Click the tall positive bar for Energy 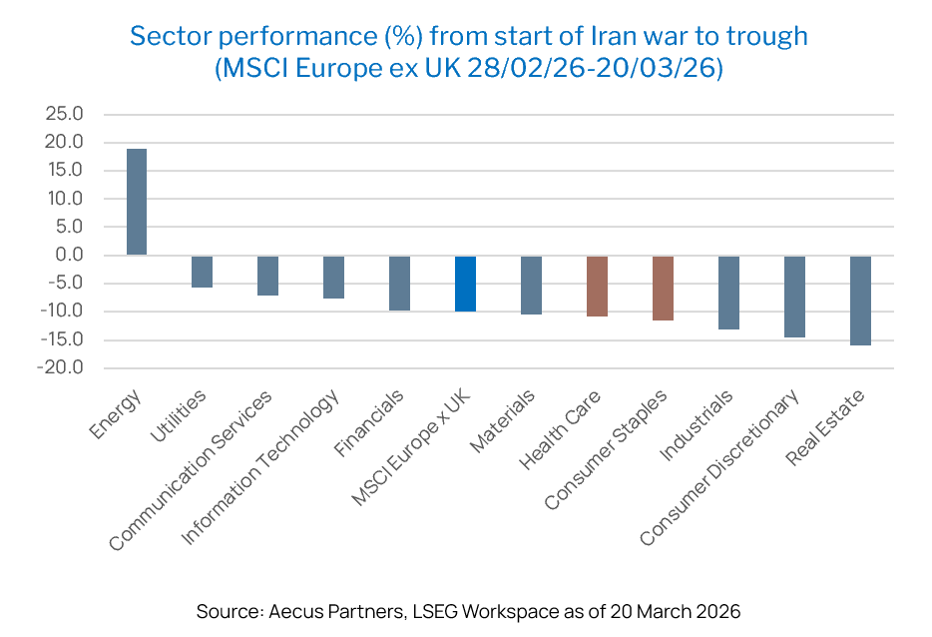(x=137, y=202)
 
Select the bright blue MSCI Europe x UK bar (x=465, y=284)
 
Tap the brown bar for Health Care (x=597, y=287)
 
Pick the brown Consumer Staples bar (x=663, y=289)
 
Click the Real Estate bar (x=860, y=301)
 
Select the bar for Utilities (x=203, y=272)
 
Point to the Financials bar (x=399, y=284)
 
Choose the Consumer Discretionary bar (x=794, y=297)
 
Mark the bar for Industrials (x=728, y=293)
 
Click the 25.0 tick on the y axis (x=64, y=114)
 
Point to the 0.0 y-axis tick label (x=70, y=255)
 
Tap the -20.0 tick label (x=60, y=367)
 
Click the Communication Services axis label (x=191, y=469)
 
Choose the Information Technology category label (x=259, y=466)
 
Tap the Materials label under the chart (x=502, y=421)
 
